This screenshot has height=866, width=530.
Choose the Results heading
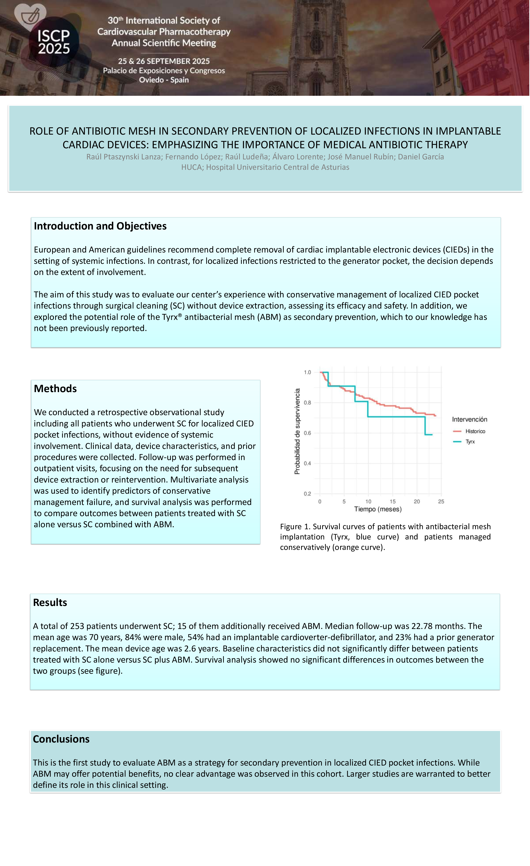point(50,602)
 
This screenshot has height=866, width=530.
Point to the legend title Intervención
point(470,419)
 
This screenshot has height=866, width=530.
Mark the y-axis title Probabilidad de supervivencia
point(297,431)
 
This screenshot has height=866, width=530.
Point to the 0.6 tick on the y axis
point(307,433)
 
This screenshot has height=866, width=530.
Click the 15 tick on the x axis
point(392,502)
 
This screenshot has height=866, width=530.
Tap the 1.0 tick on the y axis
point(307,372)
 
